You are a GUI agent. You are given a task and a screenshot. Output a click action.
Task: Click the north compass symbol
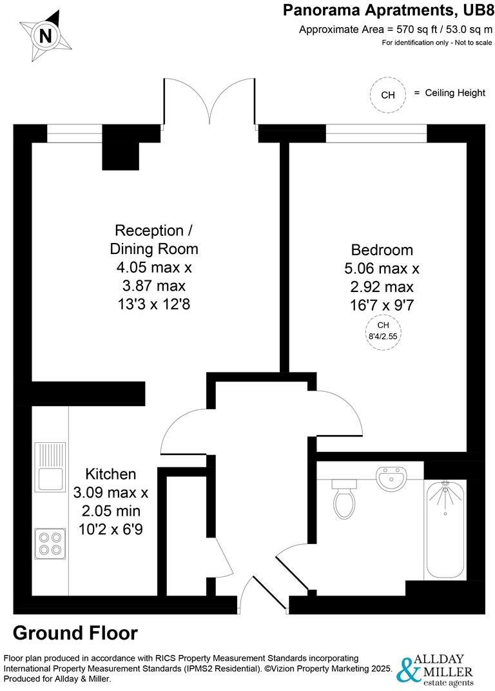tap(45, 36)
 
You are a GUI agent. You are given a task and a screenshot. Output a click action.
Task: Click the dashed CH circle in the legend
tap(388, 95)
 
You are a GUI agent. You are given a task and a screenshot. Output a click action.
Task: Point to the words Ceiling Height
tap(455, 93)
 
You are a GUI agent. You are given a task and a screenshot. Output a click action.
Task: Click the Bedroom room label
tap(382, 249)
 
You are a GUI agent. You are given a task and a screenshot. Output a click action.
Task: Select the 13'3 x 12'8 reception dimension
tap(153, 304)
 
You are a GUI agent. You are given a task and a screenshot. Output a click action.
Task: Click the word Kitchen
tap(108, 474)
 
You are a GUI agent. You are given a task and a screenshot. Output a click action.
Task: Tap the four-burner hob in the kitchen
tap(50, 543)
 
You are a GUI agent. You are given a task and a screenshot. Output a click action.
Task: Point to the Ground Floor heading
tap(75, 633)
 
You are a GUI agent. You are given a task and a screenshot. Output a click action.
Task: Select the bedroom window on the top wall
tap(376, 133)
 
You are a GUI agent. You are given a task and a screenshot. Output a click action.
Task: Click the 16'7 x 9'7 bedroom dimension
tap(382, 305)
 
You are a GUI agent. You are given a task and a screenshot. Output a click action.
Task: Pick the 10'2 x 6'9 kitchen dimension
tap(108, 530)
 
